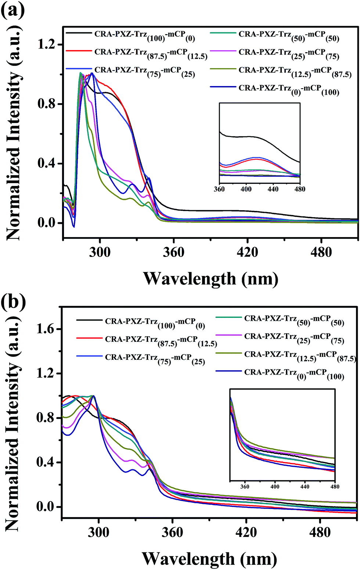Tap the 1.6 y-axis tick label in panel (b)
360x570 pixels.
pyautogui.click(x=45, y=329)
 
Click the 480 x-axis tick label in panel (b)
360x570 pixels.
pyautogui.click(x=320, y=532)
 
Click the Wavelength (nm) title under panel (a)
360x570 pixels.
pyautogui.click(x=210, y=279)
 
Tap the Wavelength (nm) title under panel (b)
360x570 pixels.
pyautogui.click(x=209, y=559)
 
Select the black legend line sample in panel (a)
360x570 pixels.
pyautogui.click(x=79, y=33)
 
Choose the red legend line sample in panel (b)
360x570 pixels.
pyautogui.click(x=89, y=338)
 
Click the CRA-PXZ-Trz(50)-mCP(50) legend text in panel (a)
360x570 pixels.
pyautogui.click(x=289, y=36)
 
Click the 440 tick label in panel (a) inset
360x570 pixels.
pyautogui.click(x=273, y=189)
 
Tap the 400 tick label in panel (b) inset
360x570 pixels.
pyautogui.click(x=275, y=487)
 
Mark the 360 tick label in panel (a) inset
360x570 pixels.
pyautogui.click(x=219, y=189)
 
